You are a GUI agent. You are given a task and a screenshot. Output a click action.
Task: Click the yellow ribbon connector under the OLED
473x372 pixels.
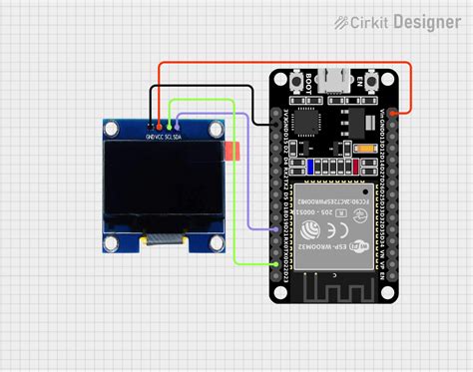point(165,239)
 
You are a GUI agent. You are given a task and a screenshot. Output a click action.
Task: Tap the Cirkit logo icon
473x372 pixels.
point(343,21)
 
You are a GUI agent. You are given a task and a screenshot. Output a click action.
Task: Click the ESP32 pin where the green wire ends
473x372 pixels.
point(276,263)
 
